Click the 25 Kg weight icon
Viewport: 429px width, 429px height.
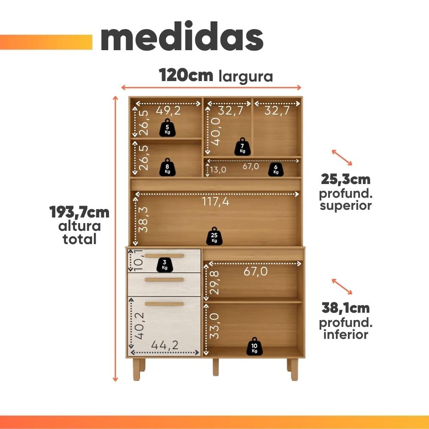[x=214, y=236]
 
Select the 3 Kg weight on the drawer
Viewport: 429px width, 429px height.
[x=165, y=265]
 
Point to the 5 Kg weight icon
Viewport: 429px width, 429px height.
[x=167, y=127]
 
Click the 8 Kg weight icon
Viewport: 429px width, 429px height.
[x=167, y=167]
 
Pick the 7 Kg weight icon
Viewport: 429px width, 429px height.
[x=242, y=147]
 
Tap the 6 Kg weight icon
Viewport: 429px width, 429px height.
[x=276, y=169]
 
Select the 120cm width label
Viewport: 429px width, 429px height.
[x=186, y=75]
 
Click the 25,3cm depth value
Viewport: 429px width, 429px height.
[x=345, y=179]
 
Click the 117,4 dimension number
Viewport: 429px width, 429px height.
[x=216, y=202]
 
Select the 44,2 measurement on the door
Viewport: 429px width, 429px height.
[x=165, y=345]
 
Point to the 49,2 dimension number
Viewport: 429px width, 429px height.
[x=168, y=111]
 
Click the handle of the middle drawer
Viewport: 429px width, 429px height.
[x=164, y=280]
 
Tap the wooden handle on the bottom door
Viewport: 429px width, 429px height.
[x=164, y=304]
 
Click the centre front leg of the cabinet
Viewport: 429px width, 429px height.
[x=216, y=367]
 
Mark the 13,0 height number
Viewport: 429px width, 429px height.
[x=218, y=170]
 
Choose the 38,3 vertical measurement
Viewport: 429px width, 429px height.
[x=143, y=219]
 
